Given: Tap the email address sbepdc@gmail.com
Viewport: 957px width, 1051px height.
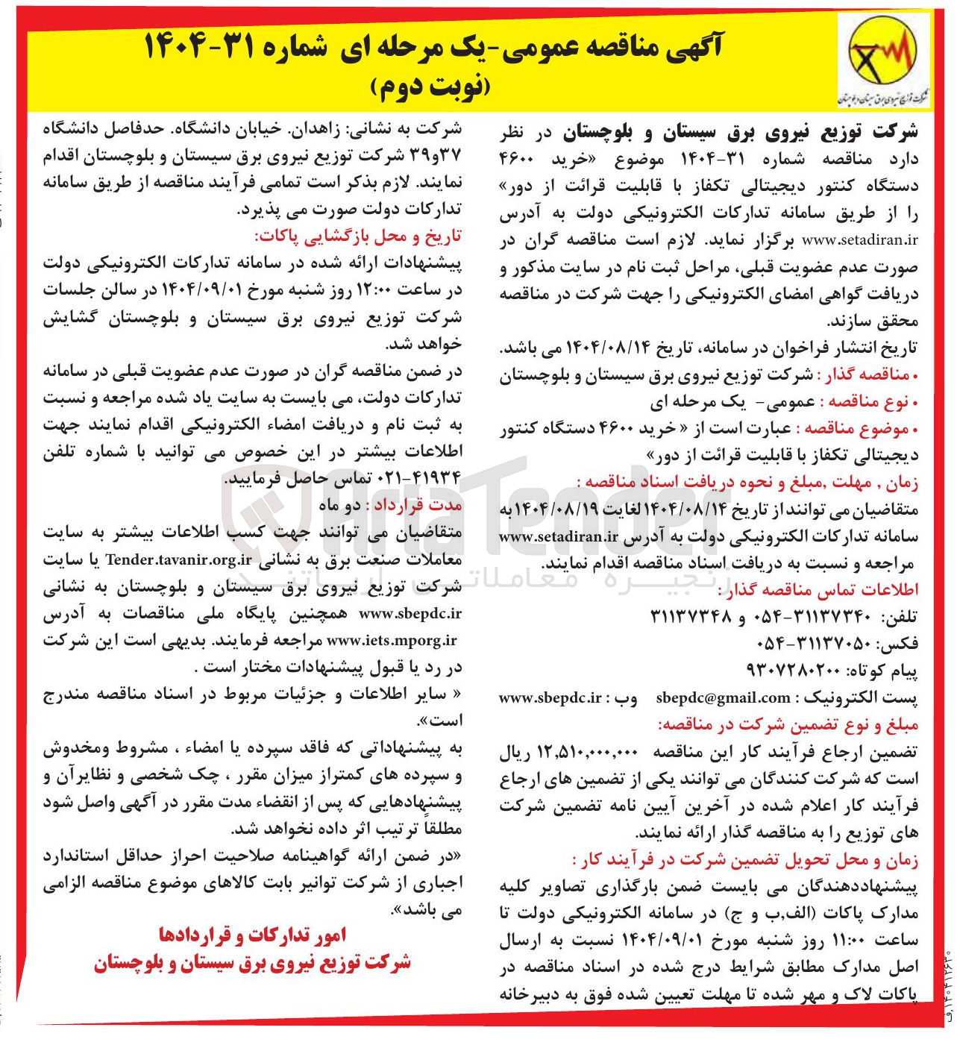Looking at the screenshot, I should click(x=723, y=698).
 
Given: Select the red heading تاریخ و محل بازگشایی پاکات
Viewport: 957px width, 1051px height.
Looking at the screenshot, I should click(x=358, y=236).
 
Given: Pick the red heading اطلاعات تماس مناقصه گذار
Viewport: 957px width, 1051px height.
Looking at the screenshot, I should click(x=818, y=590).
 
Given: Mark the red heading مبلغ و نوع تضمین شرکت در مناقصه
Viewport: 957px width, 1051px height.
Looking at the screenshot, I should click(x=787, y=724).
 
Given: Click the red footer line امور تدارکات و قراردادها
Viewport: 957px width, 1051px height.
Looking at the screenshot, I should click(x=253, y=935).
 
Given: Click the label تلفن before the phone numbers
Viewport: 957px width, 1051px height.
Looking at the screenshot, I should click(x=900, y=617).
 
